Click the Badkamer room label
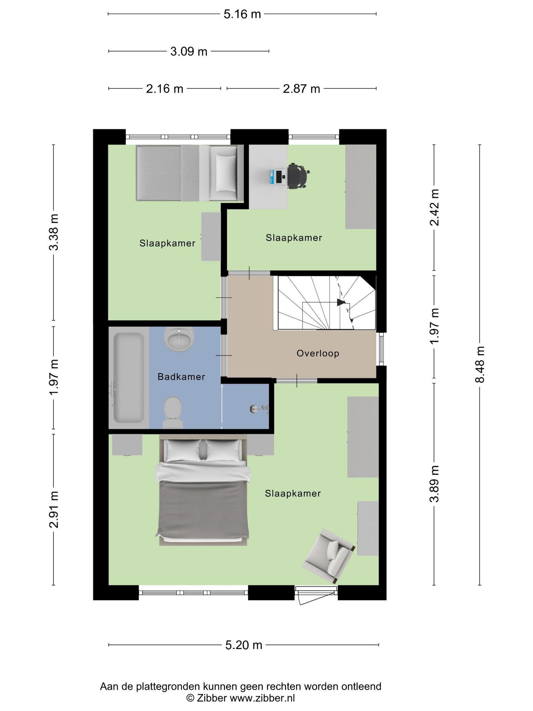click(x=181, y=377)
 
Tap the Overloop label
click(x=318, y=353)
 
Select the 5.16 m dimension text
click(x=242, y=14)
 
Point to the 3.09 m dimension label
click(x=189, y=52)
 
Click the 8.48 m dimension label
click(x=480, y=364)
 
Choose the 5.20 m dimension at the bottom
click(x=244, y=645)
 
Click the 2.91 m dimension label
click(x=54, y=509)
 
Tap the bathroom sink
click(x=179, y=338)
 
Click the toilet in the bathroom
click(x=173, y=412)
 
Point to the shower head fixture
click(x=259, y=409)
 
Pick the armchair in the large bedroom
click(x=329, y=556)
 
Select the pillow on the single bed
click(x=226, y=173)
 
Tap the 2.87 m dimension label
click(x=301, y=89)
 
